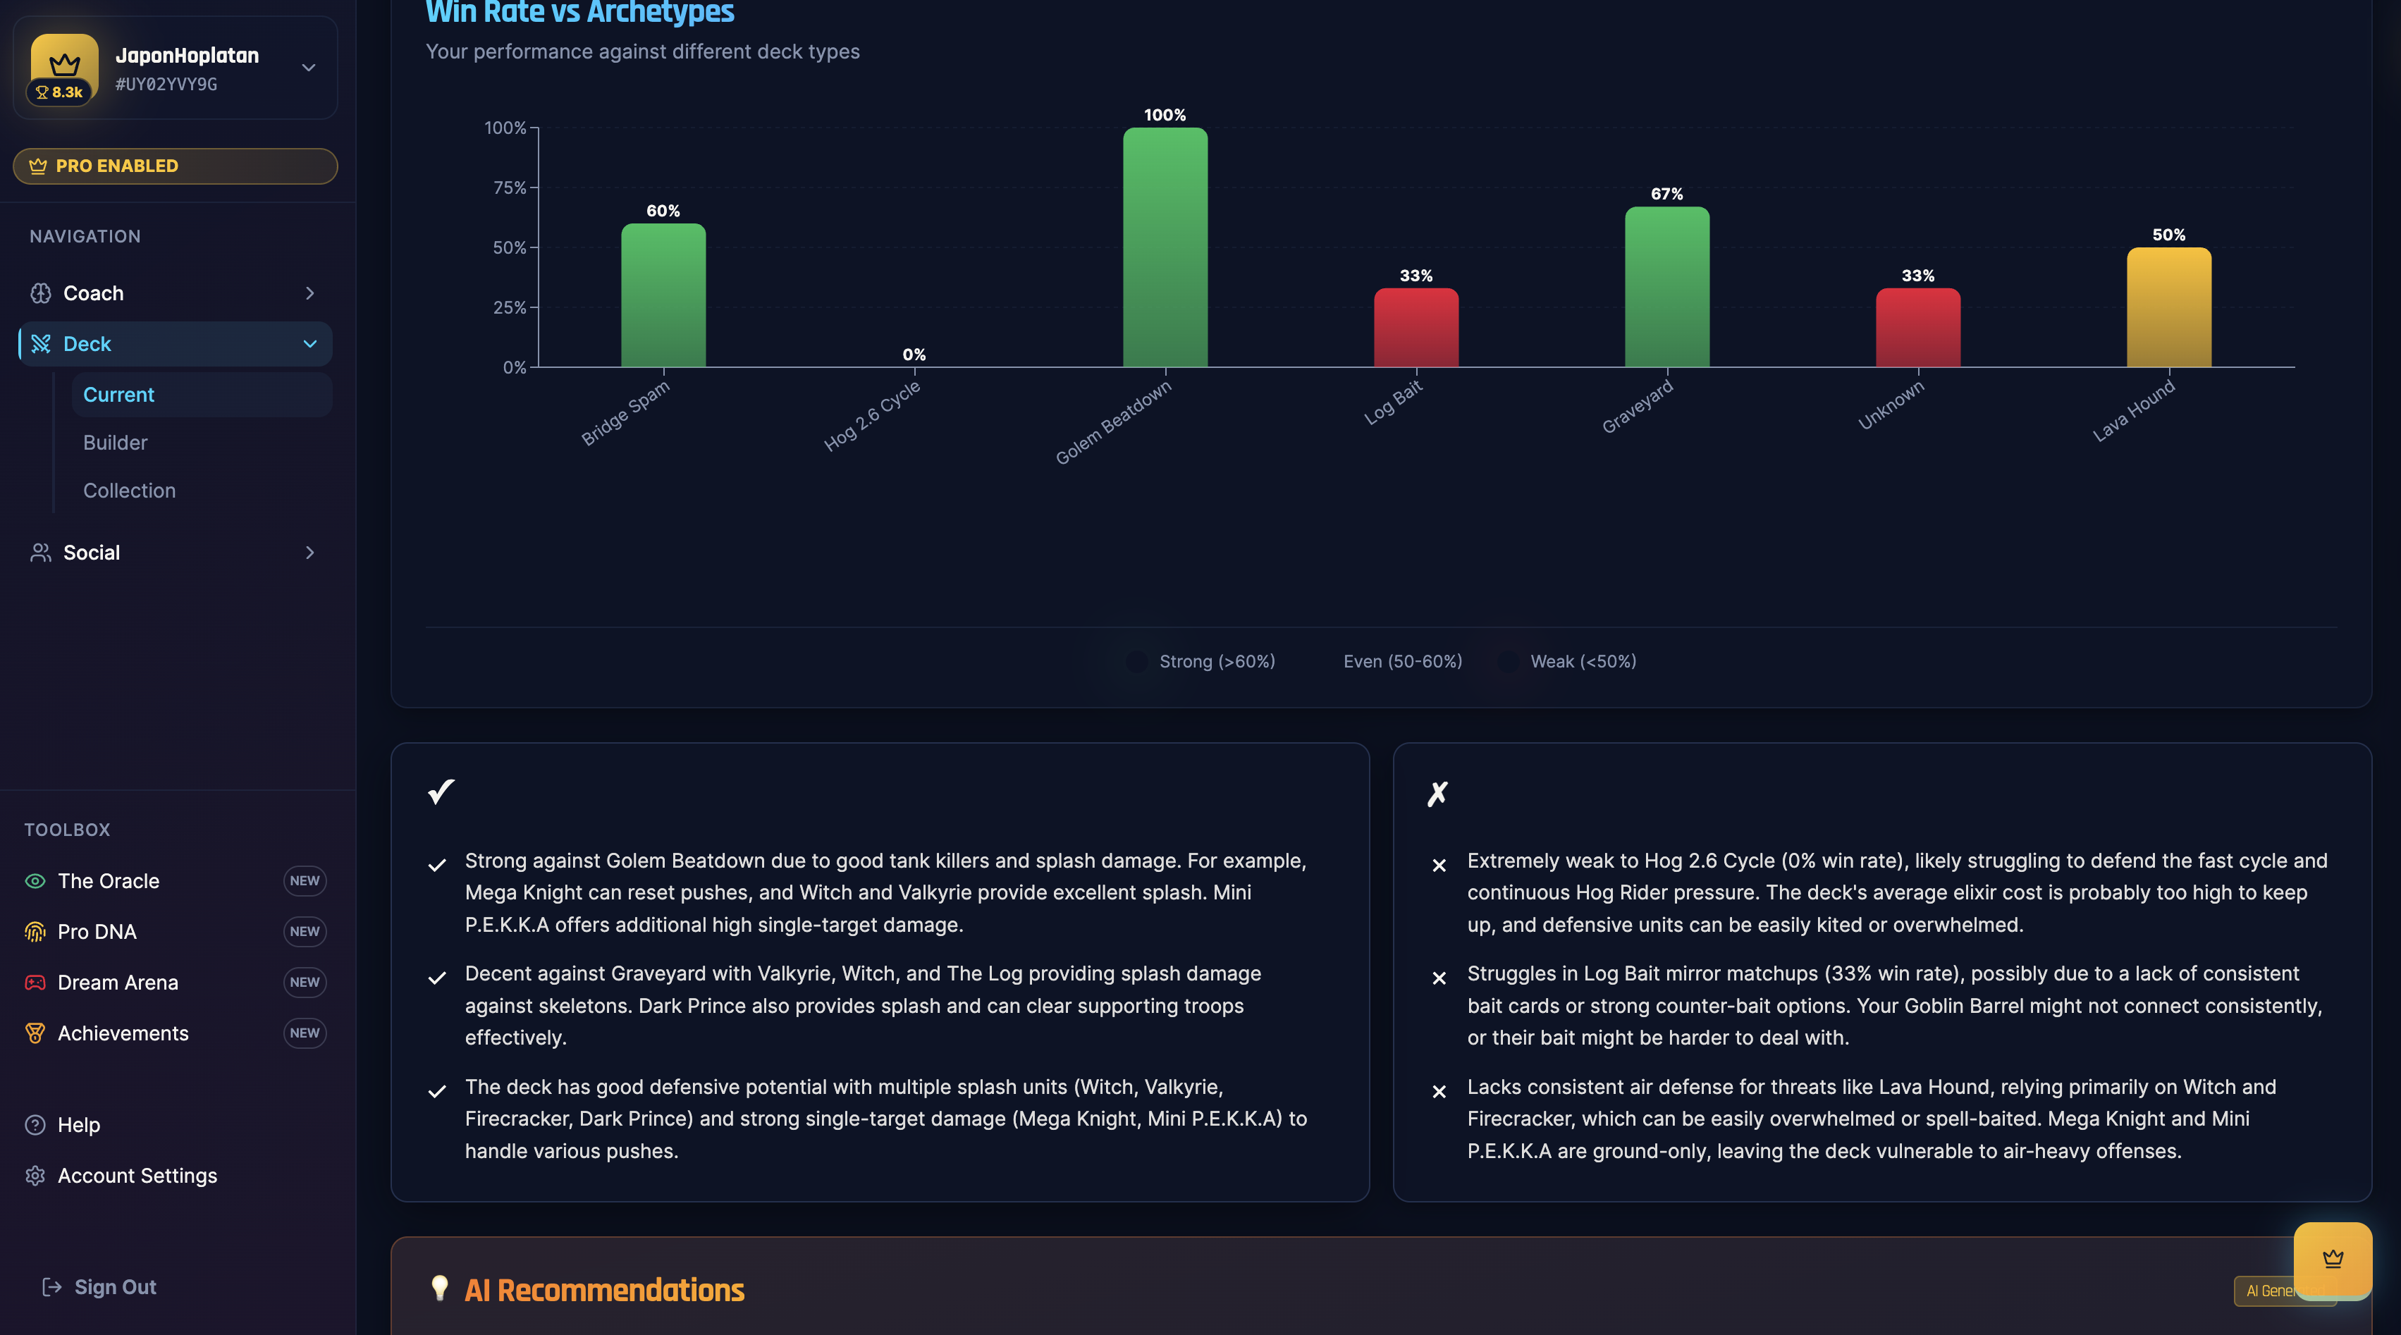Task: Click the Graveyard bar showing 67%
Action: click(1666, 287)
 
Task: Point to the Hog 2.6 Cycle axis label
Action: click(873, 416)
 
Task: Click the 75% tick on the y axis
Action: click(510, 187)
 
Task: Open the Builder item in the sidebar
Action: click(116, 443)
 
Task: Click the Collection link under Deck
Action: click(130, 491)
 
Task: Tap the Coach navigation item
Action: click(93, 293)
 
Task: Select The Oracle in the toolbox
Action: click(108, 881)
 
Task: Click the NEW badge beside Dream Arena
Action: click(304, 982)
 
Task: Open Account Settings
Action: click(137, 1176)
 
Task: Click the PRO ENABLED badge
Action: click(176, 166)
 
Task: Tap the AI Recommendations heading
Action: click(604, 1291)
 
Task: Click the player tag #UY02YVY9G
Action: click(166, 84)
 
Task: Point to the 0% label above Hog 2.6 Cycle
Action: click(914, 355)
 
